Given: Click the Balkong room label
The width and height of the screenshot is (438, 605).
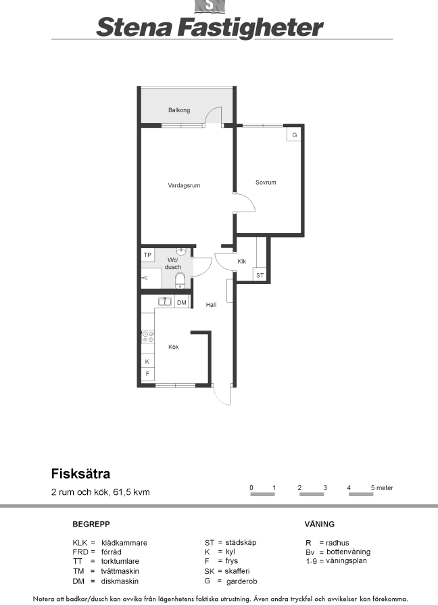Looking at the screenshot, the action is click(179, 110).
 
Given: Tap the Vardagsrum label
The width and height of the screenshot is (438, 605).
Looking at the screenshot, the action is click(184, 186).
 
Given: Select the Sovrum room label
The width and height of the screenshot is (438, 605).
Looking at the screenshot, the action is click(266, 183).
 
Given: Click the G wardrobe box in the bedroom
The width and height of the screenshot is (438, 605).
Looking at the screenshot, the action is click(294, 135).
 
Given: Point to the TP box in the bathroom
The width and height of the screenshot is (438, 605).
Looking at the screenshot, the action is click(148, 255).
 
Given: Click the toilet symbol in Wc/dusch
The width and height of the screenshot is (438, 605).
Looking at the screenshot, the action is click(180, 280).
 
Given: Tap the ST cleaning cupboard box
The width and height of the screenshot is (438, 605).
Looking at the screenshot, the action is click(260, 275).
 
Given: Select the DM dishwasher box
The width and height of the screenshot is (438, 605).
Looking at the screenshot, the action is click(181, 303).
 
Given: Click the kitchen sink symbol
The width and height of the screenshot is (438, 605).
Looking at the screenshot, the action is click(165, 301).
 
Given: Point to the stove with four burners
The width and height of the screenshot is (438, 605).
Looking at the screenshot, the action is click(148, 337).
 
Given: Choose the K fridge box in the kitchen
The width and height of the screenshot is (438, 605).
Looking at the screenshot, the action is click(147, 362).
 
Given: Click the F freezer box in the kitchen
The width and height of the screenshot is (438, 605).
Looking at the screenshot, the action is click(147, 374).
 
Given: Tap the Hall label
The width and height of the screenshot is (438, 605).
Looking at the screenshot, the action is click(211, 305).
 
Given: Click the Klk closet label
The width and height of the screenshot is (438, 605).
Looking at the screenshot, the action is click(241, 262).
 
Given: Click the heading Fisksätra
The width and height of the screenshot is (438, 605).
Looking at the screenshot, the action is click(80, 474).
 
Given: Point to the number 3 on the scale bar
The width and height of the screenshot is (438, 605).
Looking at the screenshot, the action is click(325, 487).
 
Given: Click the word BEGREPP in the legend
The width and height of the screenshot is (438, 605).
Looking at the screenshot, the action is click(91, 524).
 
